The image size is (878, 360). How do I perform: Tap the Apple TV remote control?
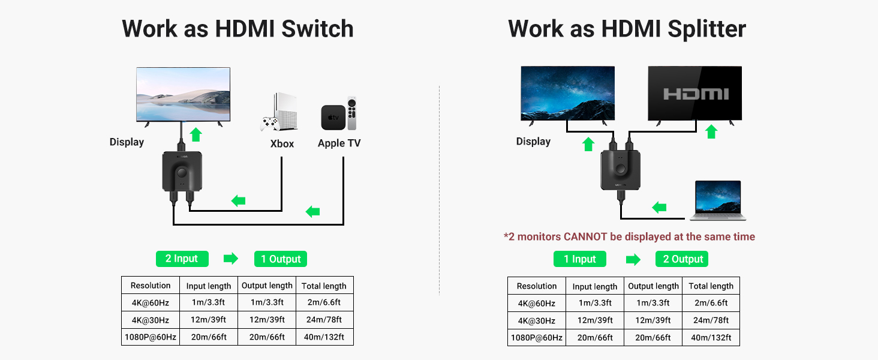tap(352, 113)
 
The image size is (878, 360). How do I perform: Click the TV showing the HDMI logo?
tap(694, 94)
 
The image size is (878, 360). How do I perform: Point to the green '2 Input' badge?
tap(182, 259)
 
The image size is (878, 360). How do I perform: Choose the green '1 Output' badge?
tap(281, 259)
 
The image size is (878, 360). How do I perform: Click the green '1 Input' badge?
tap(579, 259)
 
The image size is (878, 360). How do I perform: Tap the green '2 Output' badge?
tap(682, 259)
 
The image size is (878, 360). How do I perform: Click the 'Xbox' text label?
tap(282, 143)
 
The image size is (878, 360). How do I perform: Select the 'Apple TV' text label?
tap(339, 143)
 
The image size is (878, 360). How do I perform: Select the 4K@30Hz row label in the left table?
tap(150, 320)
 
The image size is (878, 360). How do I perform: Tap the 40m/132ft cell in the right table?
tap(711, 338)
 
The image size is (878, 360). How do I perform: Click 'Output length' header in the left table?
tap(267, 286)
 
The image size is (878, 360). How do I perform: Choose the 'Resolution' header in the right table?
tap(536, 286)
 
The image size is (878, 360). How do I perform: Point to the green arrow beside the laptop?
tap(659, 208)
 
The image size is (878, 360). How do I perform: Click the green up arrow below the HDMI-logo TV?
tap(711, 131)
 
